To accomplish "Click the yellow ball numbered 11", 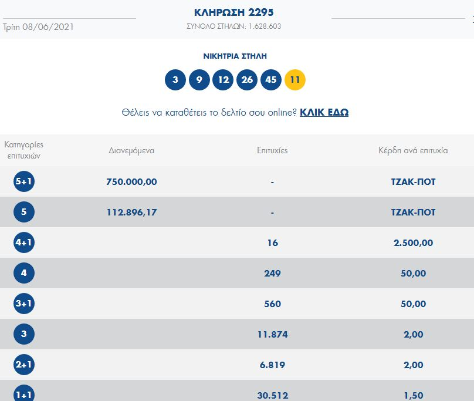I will tap(295, 80).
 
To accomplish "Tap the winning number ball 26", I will tap(247, 80).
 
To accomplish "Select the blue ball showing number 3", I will tap(175, 80).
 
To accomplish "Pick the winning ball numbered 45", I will tap(271, 80).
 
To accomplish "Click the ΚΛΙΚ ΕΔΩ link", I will tap(324, 112).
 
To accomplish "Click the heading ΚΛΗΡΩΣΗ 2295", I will tap(234, 12).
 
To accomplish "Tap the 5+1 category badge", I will tap(24, 182).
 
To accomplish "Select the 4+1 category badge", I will tap(24, 242).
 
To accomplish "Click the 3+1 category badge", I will tap(24, 304).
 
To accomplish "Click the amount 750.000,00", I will tap(131, 182).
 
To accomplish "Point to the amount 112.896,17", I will tap(131, 212).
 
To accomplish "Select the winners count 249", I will tap(272, 273).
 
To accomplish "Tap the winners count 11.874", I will tap(272, 334).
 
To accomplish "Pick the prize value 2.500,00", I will tap(413, 242).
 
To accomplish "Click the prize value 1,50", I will tap(413, 395).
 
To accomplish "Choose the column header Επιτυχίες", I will tap(272, 150).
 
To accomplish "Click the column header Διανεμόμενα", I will tap(131, 150).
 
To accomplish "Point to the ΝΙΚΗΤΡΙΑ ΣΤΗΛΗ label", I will tap(235, 56).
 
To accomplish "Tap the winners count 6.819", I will tap(272, 365).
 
